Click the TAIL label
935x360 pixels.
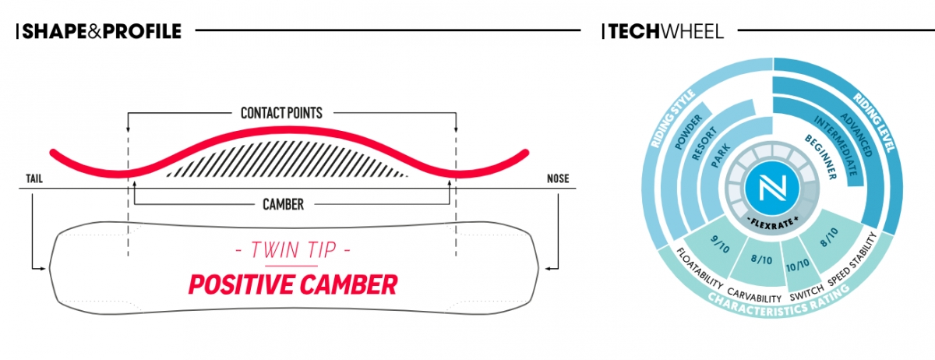[34, 178]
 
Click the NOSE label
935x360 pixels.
[558, 178]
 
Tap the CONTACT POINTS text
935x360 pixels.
[282, 113]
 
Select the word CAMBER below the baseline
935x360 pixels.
[283, 204]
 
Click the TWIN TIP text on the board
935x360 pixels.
[293, 250]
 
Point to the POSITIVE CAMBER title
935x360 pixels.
[293, 285]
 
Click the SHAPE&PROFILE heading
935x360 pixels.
[102, 31]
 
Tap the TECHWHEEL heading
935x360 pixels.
[666, 32]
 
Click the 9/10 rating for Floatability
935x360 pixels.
[720, 243]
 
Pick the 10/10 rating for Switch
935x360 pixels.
[798, 265]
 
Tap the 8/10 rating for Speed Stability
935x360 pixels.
[829, 237]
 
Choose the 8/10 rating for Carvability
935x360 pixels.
[761, 259]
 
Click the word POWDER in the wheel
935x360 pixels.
[689, 132]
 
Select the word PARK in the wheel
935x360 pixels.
[721, 155]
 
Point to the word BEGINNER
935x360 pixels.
[821, 157]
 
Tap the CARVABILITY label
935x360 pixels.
[754, 295]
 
